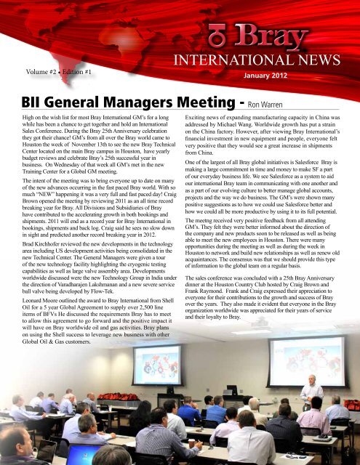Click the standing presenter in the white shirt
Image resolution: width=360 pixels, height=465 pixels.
311,396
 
